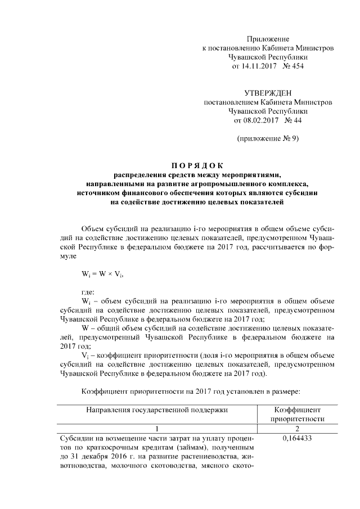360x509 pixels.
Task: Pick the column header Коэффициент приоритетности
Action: (x=298, y=415)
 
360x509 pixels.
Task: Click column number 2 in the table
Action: (x=298, y=429)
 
